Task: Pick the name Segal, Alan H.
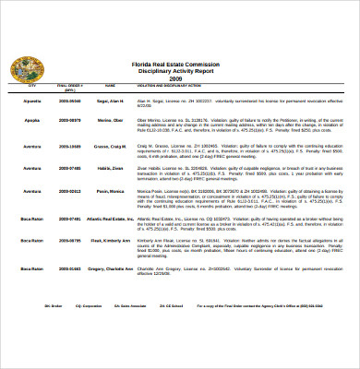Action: click(x=110, y=98)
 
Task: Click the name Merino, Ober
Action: click(x=110, y=120)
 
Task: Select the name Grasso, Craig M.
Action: click(x=111, y=146)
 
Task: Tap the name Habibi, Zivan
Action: click(x=110, y=168)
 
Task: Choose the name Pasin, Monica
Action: click(x=110, y=191)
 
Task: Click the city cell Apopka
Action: click(x=31, y=120)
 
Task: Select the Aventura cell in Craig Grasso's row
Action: click(x=31, y=146)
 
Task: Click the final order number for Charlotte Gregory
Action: click(x=69, y=268)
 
